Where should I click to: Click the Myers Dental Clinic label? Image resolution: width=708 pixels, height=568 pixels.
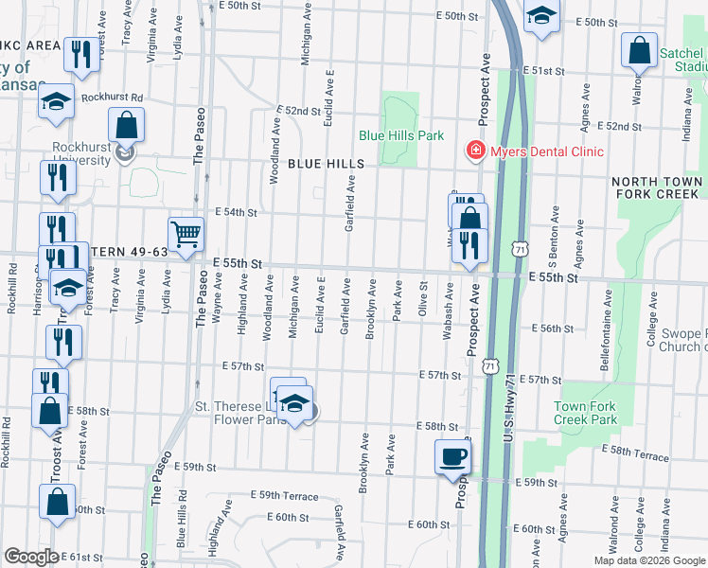(x=545, y=151)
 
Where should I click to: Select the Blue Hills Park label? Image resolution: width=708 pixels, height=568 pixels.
(x=401, y=135)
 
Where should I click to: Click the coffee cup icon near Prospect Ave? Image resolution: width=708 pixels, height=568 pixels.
(x=451, y=456)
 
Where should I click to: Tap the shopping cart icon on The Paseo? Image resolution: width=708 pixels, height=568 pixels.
(x=186, y=233)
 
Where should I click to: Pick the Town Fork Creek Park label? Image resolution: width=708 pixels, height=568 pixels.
(x=585, y=413)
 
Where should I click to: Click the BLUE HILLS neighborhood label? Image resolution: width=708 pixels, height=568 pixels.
(x=326, y=164)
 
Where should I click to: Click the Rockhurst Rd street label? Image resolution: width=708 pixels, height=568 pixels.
(x=111, y=97)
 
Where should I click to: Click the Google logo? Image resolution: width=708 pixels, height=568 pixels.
(x=31, y=557)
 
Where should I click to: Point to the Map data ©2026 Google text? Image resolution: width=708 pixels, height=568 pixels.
(x=648, y=560)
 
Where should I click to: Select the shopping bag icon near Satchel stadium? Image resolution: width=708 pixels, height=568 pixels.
(x=639, y=50)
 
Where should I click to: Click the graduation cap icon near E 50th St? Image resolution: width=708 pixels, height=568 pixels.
(x=541, y=16)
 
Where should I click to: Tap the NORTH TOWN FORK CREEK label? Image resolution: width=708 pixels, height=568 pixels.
(x=657, y=187)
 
